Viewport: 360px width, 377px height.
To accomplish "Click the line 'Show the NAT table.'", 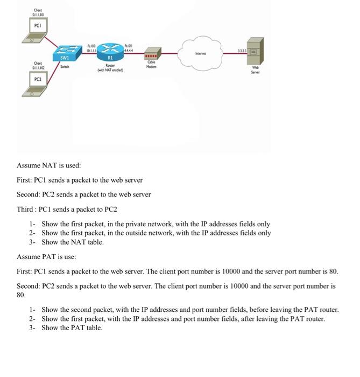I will [73, 242].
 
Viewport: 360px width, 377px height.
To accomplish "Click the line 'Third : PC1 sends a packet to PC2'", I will [67, 208].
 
